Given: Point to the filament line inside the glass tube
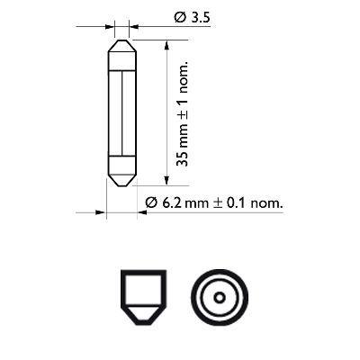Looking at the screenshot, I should coord(120,112).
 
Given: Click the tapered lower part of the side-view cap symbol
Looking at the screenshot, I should coord(139,314).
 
